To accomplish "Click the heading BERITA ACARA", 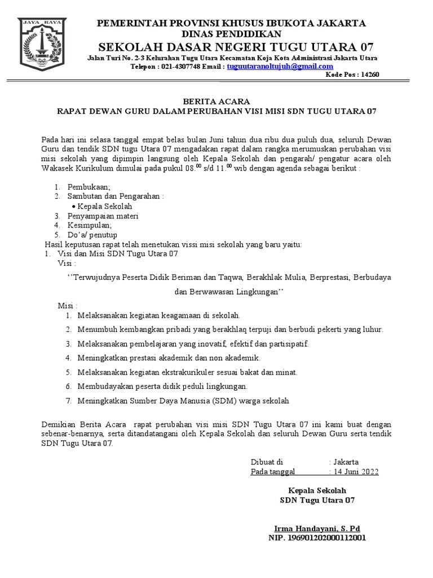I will point(216,102).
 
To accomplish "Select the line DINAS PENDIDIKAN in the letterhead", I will point(232,33).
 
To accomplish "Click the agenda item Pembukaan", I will point(89,186).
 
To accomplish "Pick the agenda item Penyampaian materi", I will point(103,216).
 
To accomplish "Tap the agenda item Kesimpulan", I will point(90,225).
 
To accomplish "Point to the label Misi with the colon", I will point(68,305).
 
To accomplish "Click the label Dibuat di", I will point(267,461).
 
